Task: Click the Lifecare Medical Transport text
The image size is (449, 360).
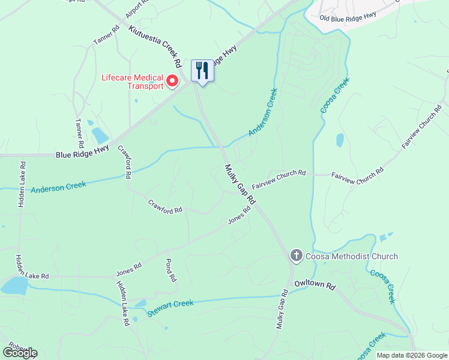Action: click(x=133, y=81)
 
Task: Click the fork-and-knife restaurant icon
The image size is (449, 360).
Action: click(x=202, y=71)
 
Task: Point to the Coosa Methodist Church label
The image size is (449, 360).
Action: click(x=352, y=256)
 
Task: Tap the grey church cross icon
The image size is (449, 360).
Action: click(x=296, y=256)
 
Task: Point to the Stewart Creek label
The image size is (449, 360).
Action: click(x=171, y=304)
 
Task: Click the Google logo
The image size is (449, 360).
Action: click(x=20, y=353)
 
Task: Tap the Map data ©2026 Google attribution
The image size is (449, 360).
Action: click(x=412, y=355)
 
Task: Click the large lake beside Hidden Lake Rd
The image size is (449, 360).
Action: click(x=13, y=286)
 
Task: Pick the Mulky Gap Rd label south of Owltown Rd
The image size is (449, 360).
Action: click(x=281, y=309)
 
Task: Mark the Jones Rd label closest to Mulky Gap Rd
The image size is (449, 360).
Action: click(x=239, y=215)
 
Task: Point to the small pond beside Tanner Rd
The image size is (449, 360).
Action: click(x=99, y=135)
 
